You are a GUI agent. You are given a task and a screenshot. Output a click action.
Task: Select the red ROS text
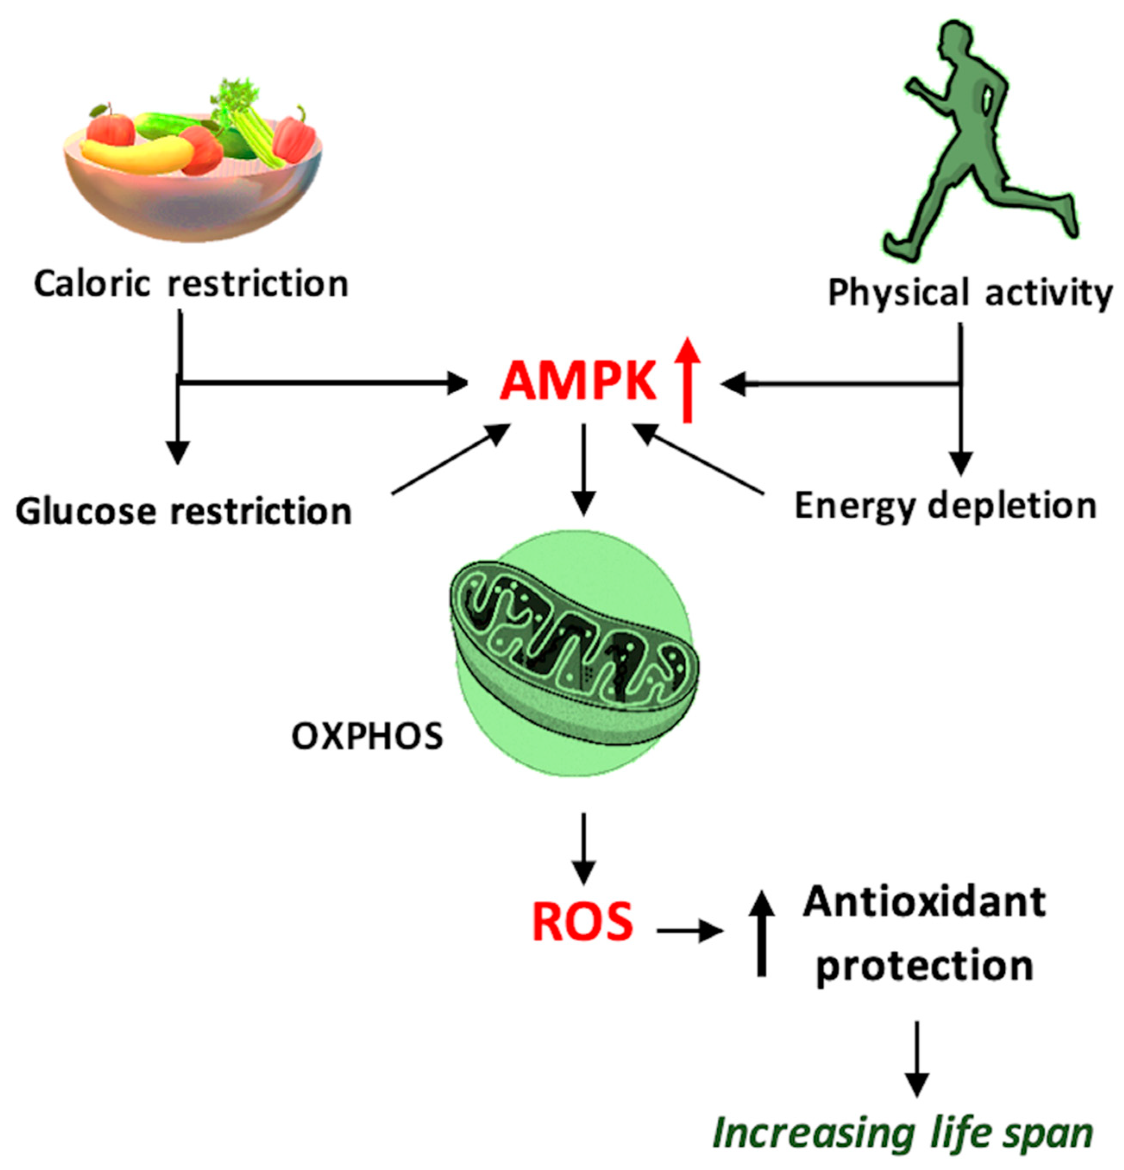582,922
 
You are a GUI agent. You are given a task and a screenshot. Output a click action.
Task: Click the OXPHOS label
367,736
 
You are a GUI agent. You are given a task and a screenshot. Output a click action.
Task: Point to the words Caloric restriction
191,284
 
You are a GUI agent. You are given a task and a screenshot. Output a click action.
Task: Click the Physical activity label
970,293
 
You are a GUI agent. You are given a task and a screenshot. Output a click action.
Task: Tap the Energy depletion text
945,506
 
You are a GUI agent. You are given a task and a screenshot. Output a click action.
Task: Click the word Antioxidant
924,902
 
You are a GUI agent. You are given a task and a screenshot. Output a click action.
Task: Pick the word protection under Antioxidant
924,965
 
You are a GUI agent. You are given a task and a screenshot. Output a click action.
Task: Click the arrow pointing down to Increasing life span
917,1060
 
